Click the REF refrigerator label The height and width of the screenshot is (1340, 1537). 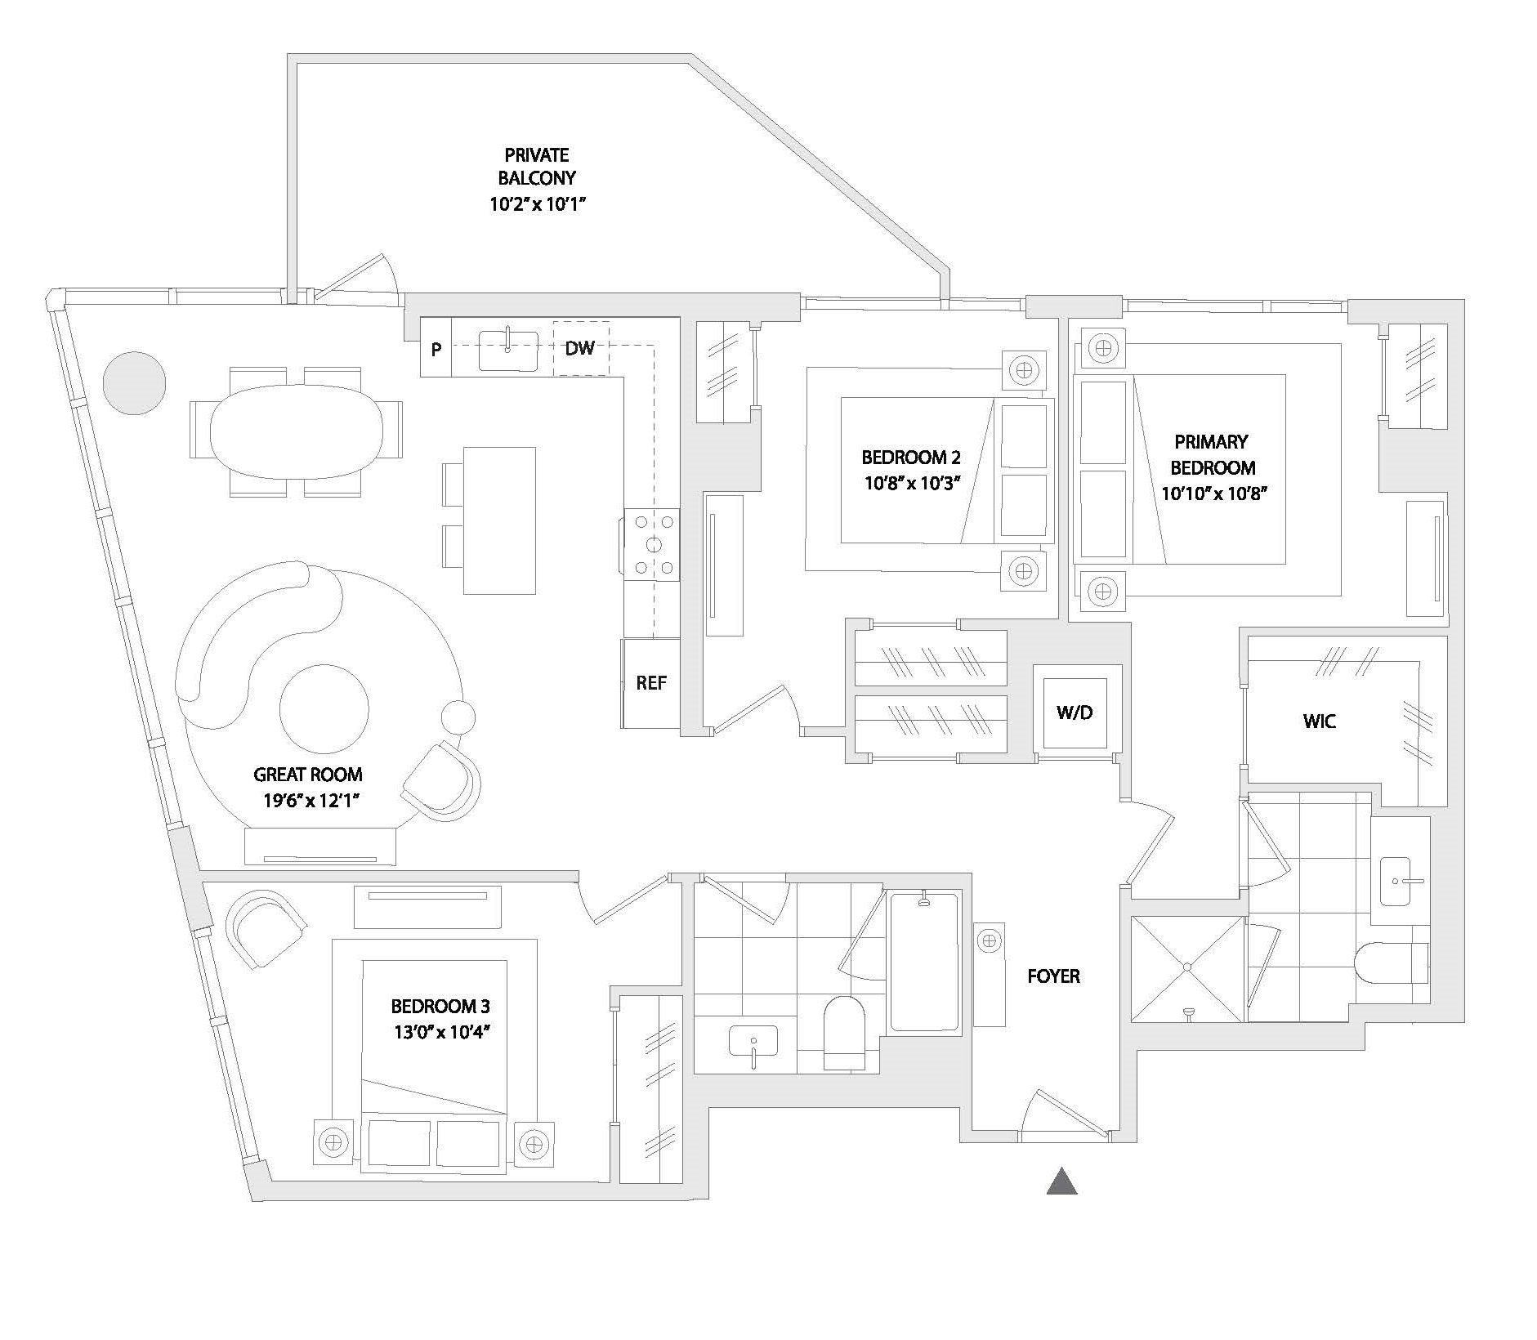coord(651,683)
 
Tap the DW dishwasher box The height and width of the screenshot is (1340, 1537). coord(580,348)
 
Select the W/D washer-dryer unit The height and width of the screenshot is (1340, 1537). coord(1074,712)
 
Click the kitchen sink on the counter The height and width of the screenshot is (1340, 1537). coord(507,351)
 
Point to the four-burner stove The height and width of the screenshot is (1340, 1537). coord(652,544)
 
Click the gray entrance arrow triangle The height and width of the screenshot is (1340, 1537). coord(1061,1181)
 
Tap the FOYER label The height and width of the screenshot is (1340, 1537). coord(1053,976)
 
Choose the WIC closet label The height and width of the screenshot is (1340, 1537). coord(1319,721)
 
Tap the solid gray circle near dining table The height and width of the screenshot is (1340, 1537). coord(135,382)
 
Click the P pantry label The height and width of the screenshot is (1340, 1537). coord(436,350)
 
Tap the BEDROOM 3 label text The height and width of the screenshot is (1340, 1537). coord(440,1006)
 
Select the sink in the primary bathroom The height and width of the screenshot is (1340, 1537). coord(1400,881)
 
